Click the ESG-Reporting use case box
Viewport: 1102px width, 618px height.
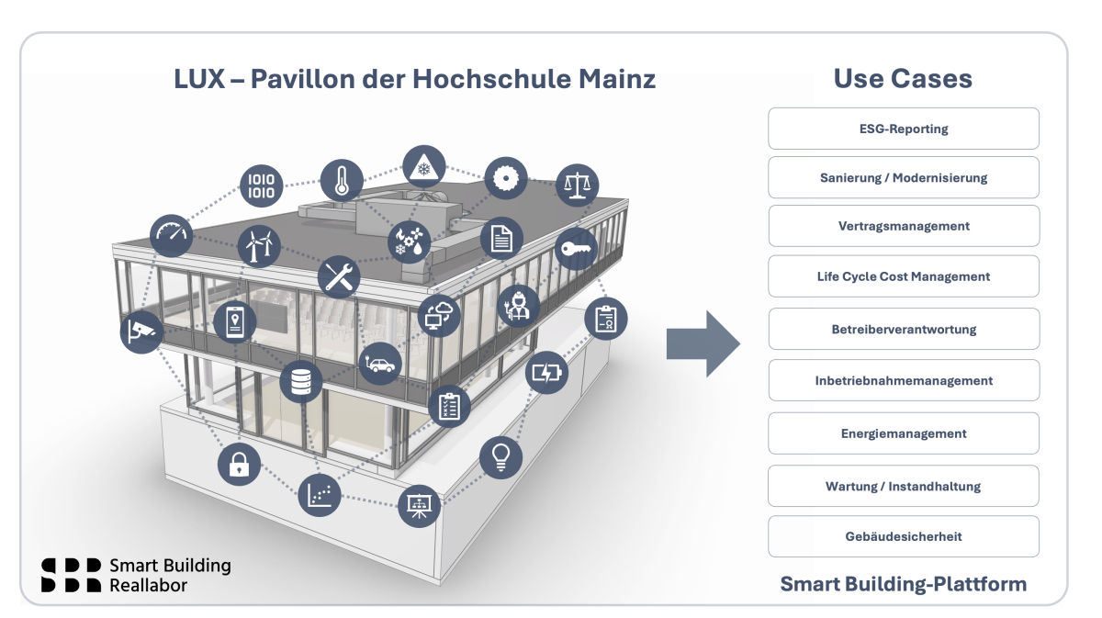[903, 129]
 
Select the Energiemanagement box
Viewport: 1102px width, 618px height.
[903, 433]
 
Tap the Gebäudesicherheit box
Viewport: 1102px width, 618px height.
[903, 536]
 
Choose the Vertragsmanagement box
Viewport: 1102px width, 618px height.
[903, 226]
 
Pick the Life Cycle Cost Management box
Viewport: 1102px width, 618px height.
[903, 276]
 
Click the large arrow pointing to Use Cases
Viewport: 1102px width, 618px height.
[703, 343]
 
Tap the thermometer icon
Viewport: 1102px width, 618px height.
[343, 180]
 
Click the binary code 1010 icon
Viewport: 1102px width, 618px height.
[262, 185]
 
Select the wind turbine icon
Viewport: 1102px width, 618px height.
[259, 245]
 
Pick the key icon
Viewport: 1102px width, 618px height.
[576, 248]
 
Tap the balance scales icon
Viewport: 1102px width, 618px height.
[577, 185]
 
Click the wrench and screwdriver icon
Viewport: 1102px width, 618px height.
[339, 276]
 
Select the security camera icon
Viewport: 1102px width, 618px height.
[141, 331]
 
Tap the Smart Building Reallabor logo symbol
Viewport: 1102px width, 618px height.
[71, 575]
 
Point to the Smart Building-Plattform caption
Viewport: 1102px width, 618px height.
[903, 584]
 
